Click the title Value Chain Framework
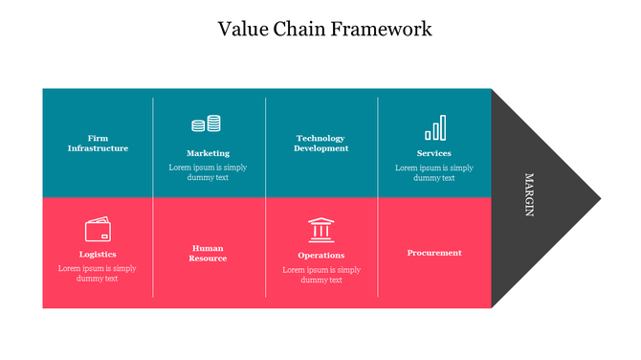pyautogui.click(x=324, y=29)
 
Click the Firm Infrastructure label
pyautogui.click(x=98, y=144)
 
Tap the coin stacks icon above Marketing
pyautogui.click(x=207, y=124)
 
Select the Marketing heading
pyautogui.click(x=208, y=153)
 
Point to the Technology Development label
pyautogui.click(x=321, y=144)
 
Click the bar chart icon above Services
pyautogui.click(x=434, y=128)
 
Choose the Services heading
pyautogui.click(x=433, y=153)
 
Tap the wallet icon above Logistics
pyautogui.click(x=98, y=231)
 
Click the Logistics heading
pyautogui.click(x=98, y=255)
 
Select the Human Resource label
pyautogui.click(x=208, y=253)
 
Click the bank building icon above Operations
pyautogui.click(x=321, y=230)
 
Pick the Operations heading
pyautogui.click(x=321, y=256)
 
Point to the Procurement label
pyautogui.click(x=433, y=253)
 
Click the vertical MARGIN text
pyautogui.click(x=528, y=195)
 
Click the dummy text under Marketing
pyautogui.click(x=208, y=172)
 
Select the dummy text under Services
pyautogui.click(x=433, y=172)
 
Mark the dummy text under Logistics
pyautogui.click(x=98, y=274)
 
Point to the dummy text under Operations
pyautogui.click(x=321, y=275)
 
